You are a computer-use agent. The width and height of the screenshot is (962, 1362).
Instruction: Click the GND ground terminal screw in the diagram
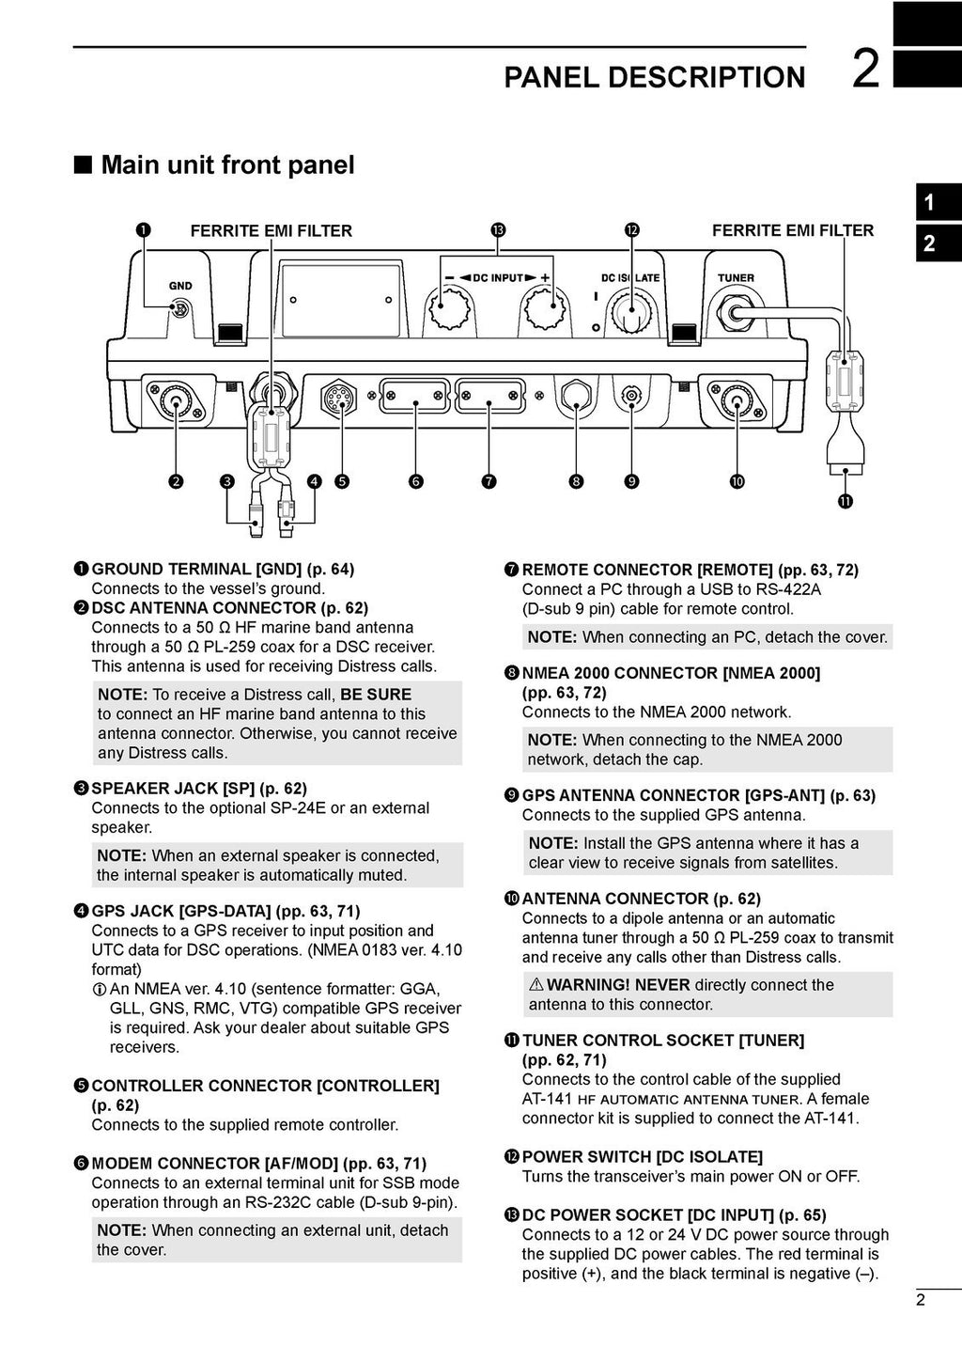(180, 308)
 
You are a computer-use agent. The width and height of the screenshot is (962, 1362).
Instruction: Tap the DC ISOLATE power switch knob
(630, 310)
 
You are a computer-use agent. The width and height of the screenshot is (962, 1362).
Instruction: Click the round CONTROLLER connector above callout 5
(338, 399)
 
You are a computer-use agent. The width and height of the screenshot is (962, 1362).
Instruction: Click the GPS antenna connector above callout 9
(631, 398)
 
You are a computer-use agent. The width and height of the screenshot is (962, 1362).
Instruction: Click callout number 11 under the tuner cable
(846, 502)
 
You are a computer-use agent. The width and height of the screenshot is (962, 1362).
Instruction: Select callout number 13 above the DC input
(497, 230)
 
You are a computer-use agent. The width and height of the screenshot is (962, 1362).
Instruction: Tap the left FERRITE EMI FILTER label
(271, 231)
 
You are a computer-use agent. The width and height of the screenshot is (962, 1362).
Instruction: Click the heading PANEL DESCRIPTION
(654, 77)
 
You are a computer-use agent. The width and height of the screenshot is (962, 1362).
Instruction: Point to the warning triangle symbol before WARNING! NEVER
(536, 985)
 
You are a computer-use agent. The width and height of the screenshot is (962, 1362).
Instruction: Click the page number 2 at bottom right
(920, 1300)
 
